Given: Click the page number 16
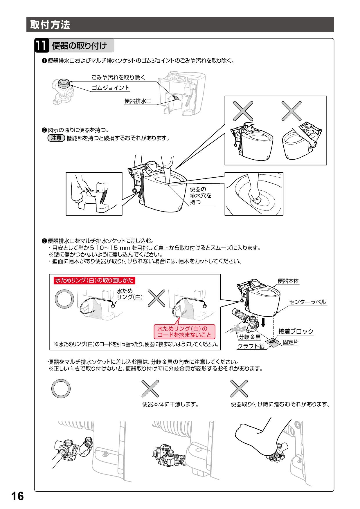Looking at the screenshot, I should pos(17,497).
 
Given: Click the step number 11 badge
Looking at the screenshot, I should pos(41,46).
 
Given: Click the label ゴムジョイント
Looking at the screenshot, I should pos(111,88).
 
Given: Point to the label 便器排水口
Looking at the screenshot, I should pos(138,101).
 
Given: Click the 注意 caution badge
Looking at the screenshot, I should pos(56,138).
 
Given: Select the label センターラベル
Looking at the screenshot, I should pos(308,302).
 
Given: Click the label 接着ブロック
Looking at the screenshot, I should pos(296,331).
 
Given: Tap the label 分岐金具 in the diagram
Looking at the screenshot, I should pos(250,337).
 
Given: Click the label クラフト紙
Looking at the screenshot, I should pos(251,346).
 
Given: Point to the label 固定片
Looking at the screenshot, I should pos(291,342).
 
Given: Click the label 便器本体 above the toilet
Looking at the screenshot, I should pos(288,281).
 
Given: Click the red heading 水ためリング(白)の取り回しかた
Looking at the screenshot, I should pos(94,280).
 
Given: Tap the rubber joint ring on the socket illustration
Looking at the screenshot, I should pos(64,84).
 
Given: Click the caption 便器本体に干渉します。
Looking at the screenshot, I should pos(170,404).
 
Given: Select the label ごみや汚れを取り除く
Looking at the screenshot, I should pos(118,77).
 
